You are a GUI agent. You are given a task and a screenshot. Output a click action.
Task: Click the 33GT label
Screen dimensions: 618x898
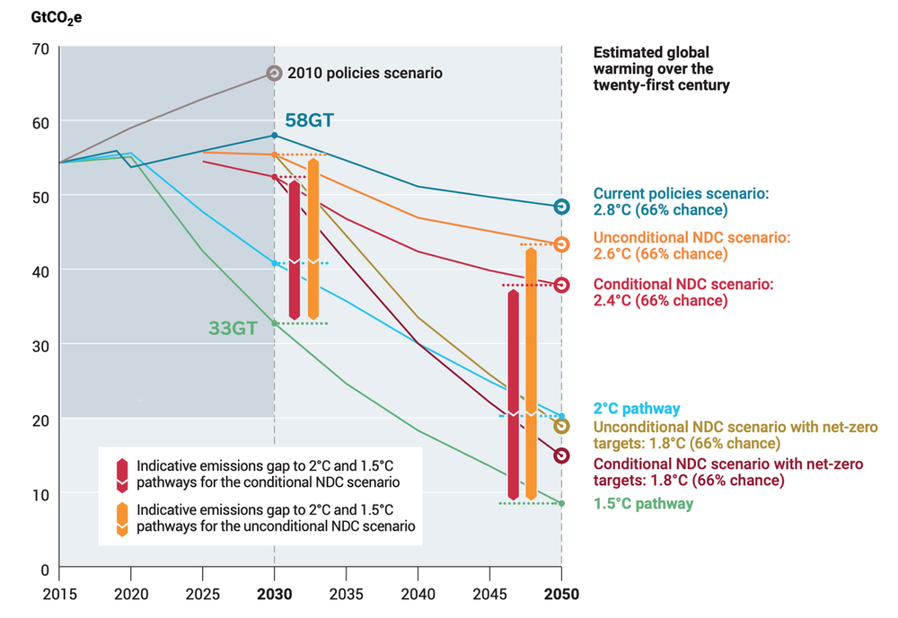pos(233,329)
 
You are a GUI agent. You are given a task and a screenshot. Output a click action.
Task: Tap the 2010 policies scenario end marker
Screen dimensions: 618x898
pos(275,73)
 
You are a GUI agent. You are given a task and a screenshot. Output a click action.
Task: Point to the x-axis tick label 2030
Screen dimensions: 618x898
pos(275,594)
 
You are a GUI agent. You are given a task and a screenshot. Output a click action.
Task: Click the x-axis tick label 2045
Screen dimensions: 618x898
pos(489,594)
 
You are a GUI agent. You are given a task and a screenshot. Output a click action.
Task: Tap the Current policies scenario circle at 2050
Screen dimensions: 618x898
pos(561,207)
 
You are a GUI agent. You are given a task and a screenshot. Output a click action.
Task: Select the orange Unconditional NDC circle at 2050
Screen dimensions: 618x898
pos(561,244)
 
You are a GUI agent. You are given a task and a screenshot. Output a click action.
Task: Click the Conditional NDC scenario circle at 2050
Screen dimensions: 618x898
pos(561,285)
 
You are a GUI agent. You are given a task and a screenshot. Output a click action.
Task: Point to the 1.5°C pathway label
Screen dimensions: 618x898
pos(643,504)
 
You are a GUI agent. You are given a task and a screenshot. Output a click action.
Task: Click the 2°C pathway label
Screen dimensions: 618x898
pos(637,409)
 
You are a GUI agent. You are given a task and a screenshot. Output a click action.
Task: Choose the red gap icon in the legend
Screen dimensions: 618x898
pos(121,474)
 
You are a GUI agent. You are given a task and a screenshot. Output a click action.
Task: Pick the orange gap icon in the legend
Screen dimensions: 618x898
pos(121,519)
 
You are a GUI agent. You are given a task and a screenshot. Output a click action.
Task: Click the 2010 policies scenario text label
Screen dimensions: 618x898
pos(365,74)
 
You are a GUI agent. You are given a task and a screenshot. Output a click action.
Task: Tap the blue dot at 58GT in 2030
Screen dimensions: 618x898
pos(275,136)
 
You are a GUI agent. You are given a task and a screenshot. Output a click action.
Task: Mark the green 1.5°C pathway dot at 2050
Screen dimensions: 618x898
pos(561,504)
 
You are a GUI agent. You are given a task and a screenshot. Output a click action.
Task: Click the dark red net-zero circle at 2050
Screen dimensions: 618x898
pos(561,455)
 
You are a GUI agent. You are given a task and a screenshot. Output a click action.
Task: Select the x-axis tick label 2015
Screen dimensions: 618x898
pos(59,594)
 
